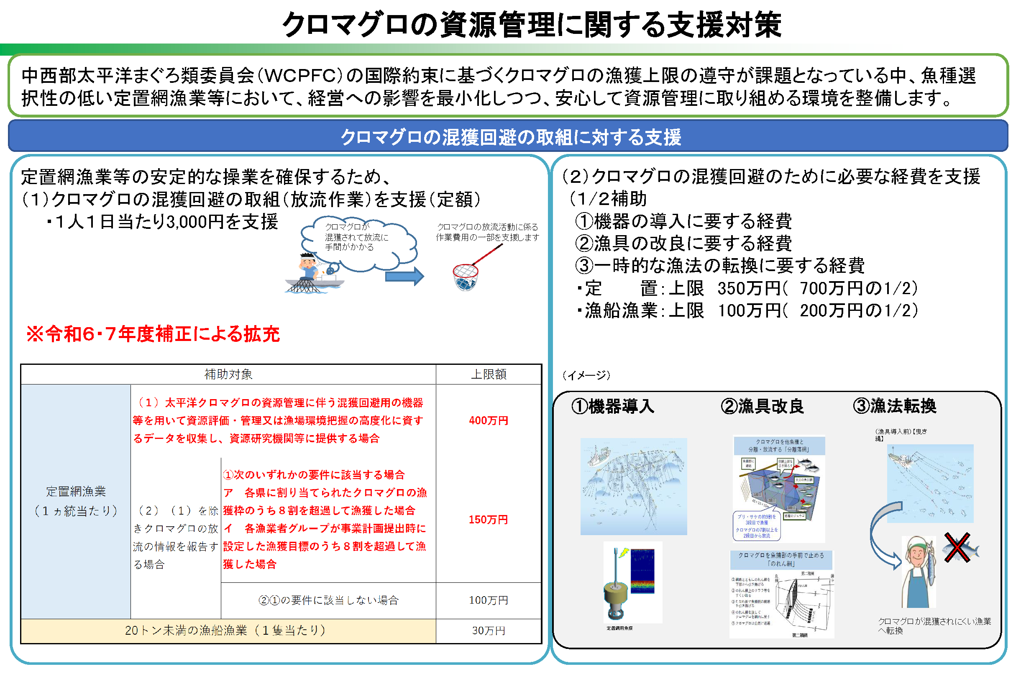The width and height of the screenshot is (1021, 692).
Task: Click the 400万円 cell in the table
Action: pos(488,420)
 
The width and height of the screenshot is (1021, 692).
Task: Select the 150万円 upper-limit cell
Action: pos(488,520)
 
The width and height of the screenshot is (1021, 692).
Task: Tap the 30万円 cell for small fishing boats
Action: pos(488,631)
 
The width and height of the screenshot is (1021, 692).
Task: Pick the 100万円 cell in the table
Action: pos(488,600)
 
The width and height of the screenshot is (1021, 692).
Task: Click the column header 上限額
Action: pos(489,374)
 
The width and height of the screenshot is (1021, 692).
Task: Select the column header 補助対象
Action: pos(228,374)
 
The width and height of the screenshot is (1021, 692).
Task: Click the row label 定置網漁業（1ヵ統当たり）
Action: pos(76,501)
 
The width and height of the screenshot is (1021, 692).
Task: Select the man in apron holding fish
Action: pos(918,571)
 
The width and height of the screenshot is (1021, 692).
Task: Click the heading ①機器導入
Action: pos(612,406)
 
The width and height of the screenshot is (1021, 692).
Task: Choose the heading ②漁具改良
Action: pos(762,406)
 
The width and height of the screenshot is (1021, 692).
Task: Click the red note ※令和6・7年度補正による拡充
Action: pos(153,334)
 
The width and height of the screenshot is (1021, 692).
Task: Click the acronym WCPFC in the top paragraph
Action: pos(300,76)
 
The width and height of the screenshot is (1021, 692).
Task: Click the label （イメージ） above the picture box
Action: pos(586,375)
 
